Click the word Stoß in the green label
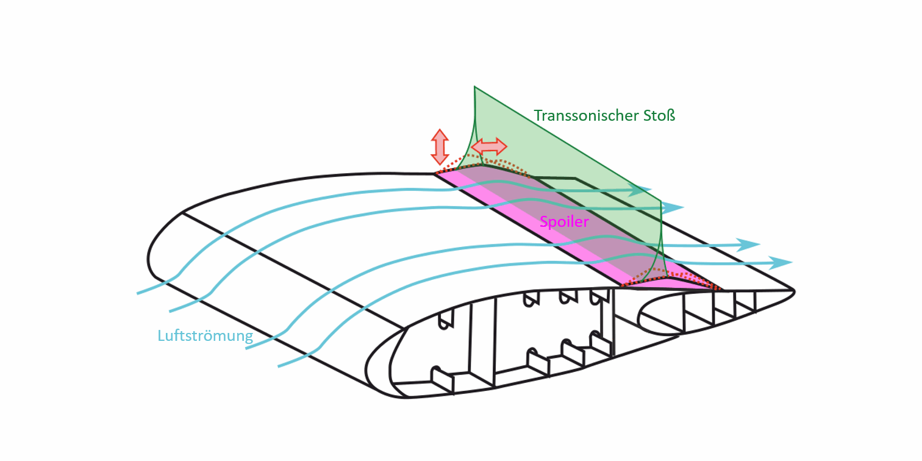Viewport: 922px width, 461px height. pyautogui.click(x=659, y=115)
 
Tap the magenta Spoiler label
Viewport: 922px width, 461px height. pyautogui.click(x=564, y=222)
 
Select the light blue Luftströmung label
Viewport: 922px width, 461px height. pyautogui.click(x=205, y=335)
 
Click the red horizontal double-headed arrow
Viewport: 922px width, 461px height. pyautogui.click(x=489, y=146)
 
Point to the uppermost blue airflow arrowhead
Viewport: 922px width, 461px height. pyautogui.click(x=643, y=190)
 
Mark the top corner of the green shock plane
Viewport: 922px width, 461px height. pyautogui.click(x=475, y=88)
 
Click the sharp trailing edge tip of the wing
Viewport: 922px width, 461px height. pyautogui.click(x=793, y=291)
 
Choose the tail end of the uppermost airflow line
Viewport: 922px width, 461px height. pyautogui.click(x=138, y=293)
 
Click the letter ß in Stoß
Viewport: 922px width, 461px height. pyautogui.click(x=671, y=115)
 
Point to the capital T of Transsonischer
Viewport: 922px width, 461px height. pyautogui.click(x=538, y=115)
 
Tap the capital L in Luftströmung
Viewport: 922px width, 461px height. pyautogui.click(x=161, y=335)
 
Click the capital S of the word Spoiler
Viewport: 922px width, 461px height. pyautogui.click(x=544, y=222)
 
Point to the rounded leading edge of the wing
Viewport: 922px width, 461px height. pyautogui.click(x=149, y=256)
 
